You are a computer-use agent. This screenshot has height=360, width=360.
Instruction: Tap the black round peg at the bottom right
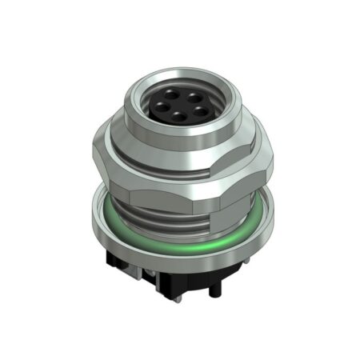point(211,290)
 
